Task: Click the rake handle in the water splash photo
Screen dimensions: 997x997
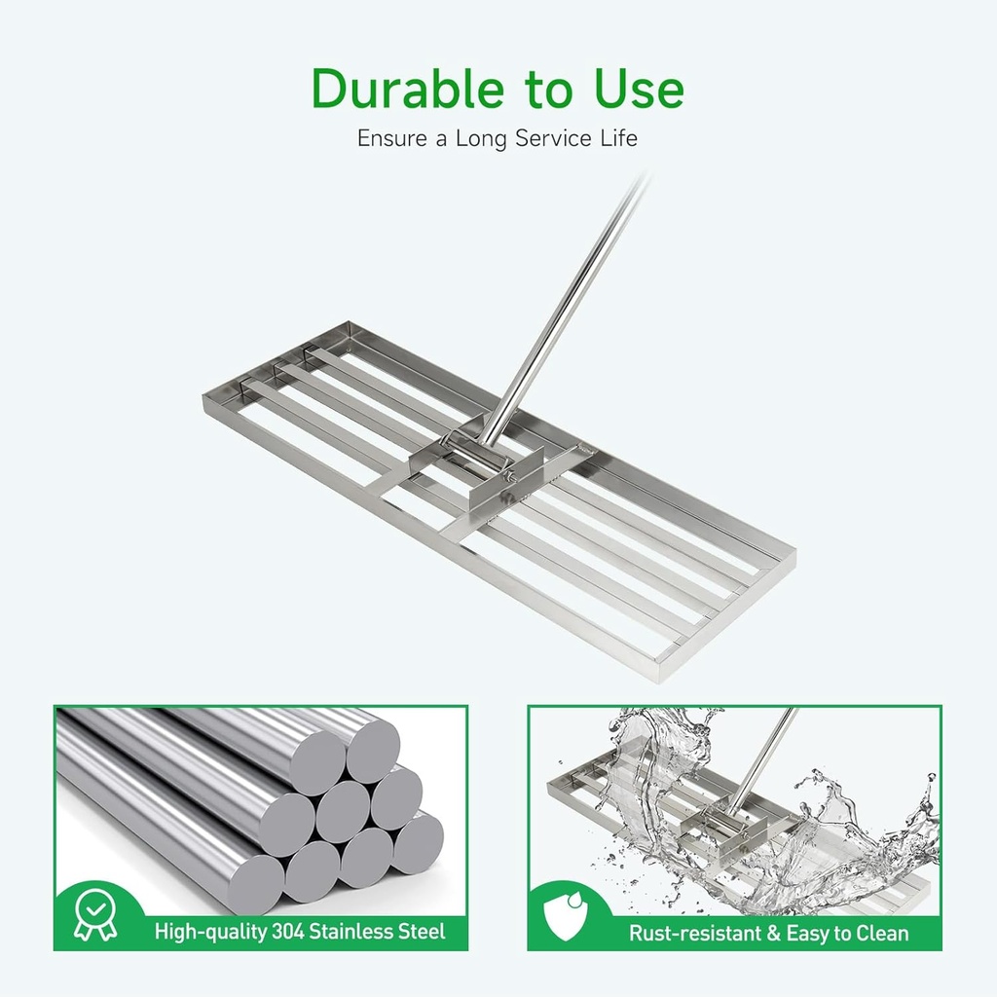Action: (x=764, y=759)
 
